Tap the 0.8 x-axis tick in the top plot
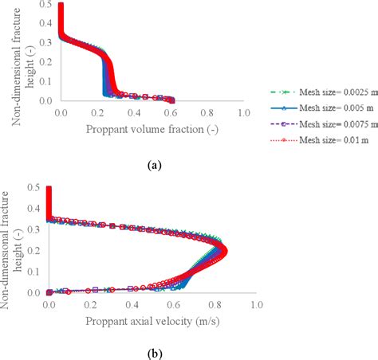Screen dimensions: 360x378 pos(207,114)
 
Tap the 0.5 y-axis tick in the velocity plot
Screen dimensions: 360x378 pos(35,188)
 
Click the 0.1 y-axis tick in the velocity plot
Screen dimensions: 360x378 pos(35,272)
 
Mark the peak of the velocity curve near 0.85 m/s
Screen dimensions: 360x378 pos(224,252)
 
